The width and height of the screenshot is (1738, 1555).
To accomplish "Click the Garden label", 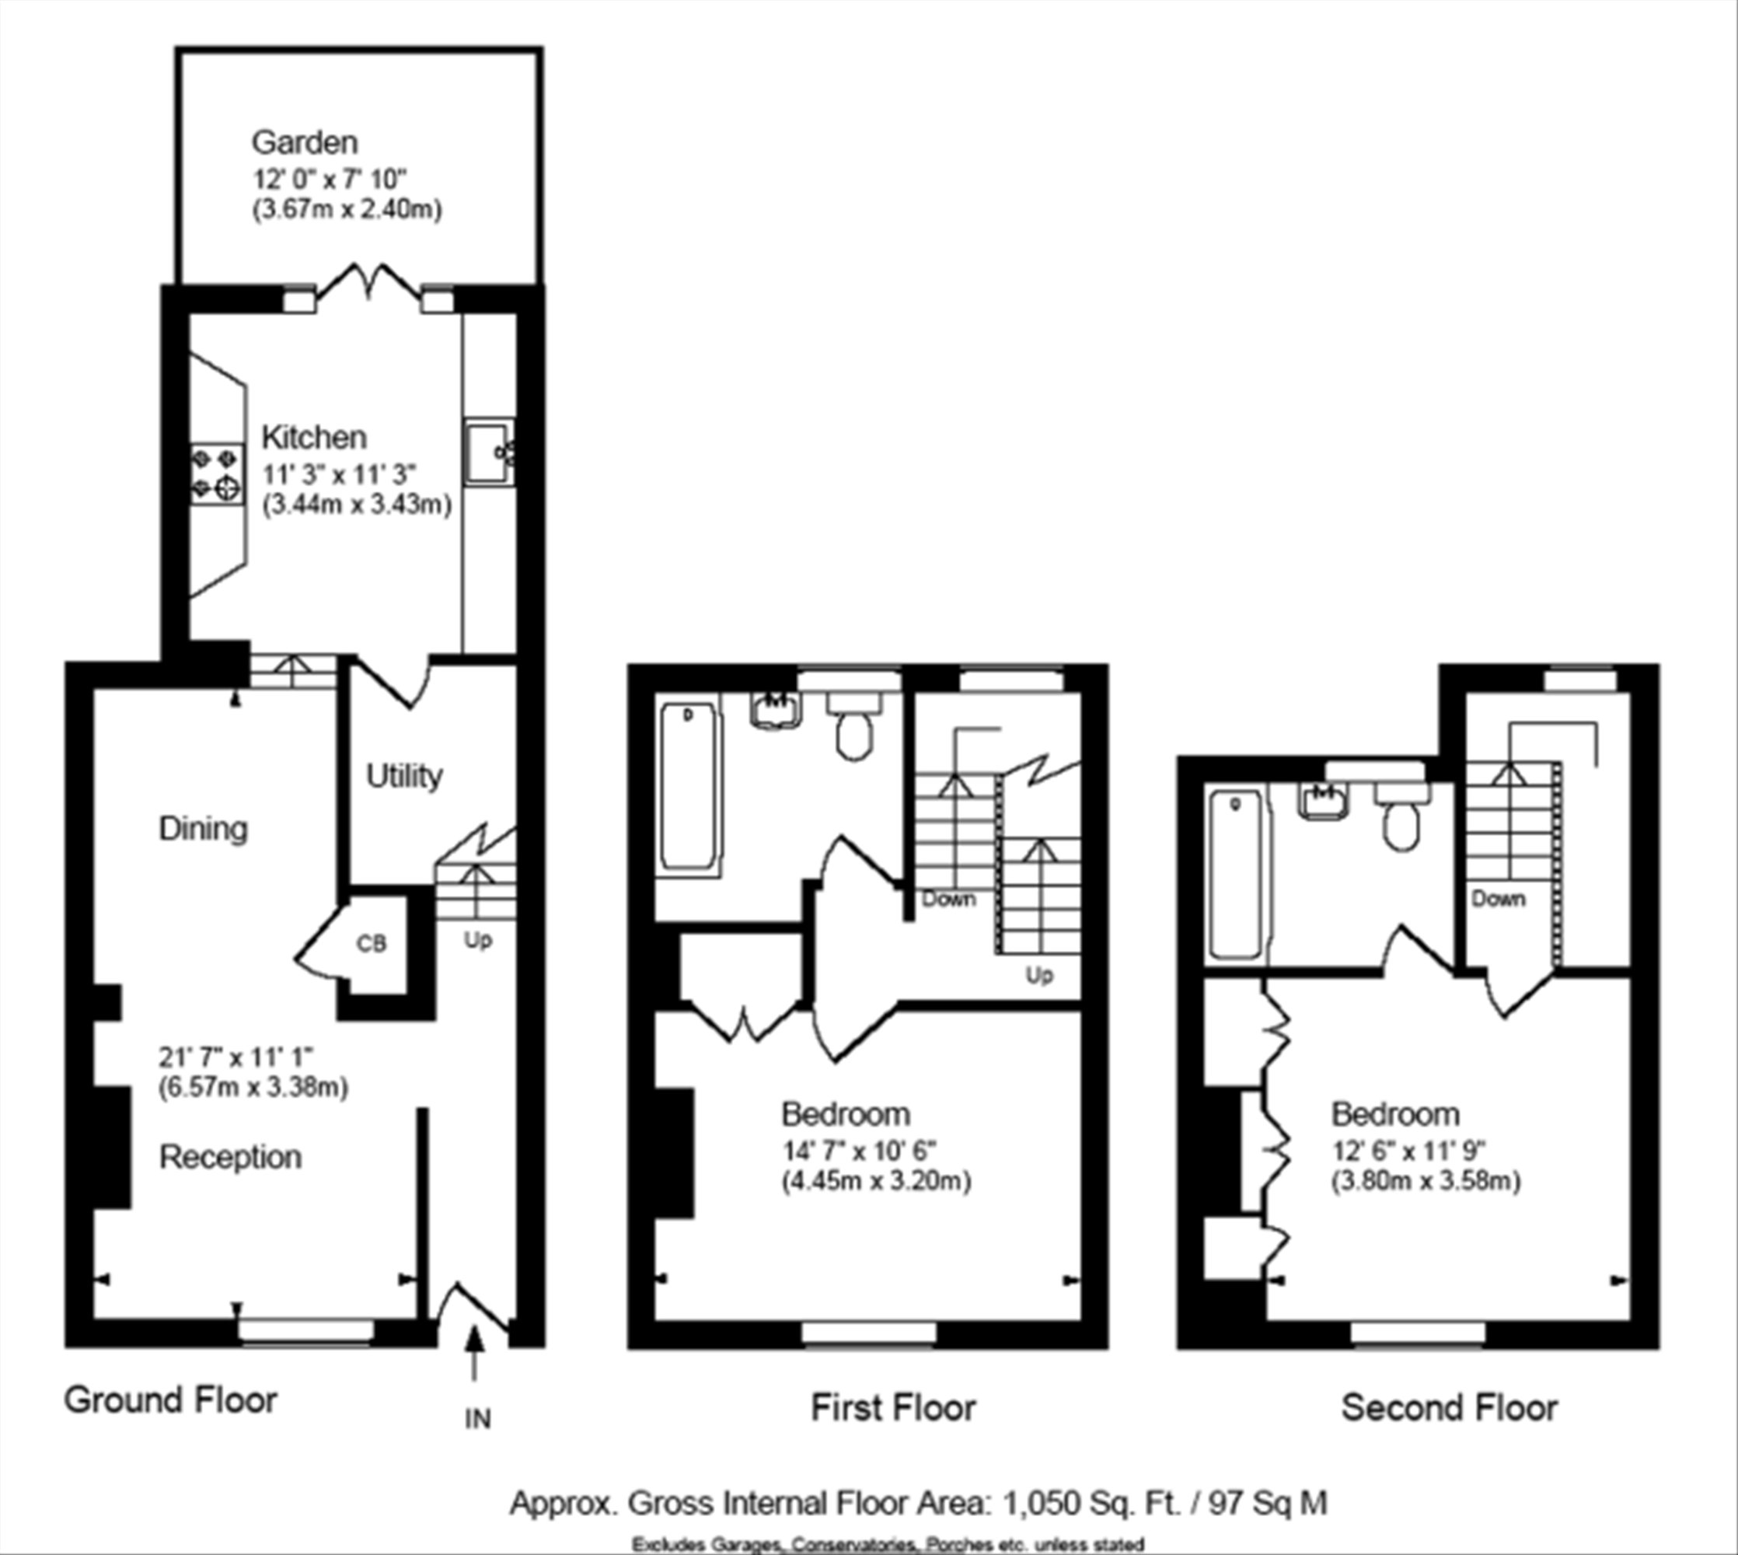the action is pos(304,142).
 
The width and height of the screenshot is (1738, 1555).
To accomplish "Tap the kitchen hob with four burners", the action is pos(217,474).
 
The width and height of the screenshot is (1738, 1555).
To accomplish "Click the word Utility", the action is pos(405,776).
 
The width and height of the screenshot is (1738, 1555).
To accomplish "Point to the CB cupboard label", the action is pos(372,943).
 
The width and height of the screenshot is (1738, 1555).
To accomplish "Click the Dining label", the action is pos(204,829).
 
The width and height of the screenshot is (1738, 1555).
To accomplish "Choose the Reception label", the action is pos(231,1157).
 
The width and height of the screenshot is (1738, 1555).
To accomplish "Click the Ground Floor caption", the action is pos(171,1399).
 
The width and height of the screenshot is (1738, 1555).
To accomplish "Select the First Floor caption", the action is pos(893,1407).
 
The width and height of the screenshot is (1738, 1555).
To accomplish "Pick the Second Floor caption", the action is pos(1450,1407).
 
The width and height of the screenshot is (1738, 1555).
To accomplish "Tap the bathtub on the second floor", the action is pos(1235,873).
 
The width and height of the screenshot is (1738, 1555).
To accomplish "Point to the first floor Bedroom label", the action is pos(846,1114).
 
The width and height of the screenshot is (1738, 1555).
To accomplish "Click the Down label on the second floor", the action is pos(1498,899).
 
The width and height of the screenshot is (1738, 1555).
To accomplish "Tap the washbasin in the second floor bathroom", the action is pos(1324,802).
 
